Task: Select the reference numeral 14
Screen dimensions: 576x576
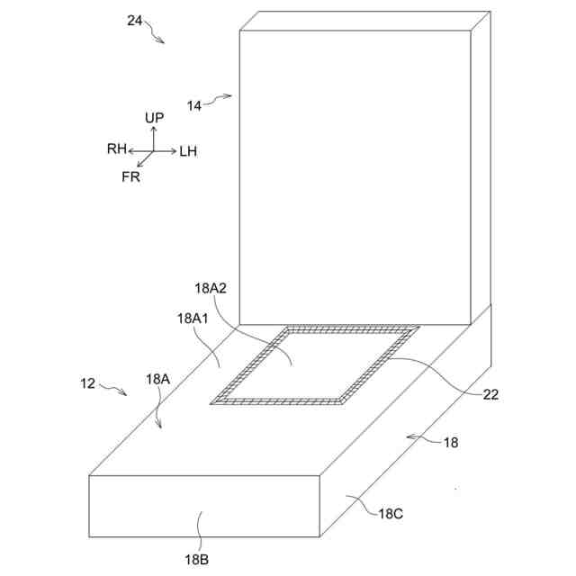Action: click(x=194, y=105)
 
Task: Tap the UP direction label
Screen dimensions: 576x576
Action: click(x=154, y=118)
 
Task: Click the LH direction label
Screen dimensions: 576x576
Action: click(x=187, y=151)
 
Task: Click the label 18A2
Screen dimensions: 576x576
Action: click(x=210, y=289)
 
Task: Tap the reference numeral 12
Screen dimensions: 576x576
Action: click(x=87, y=383)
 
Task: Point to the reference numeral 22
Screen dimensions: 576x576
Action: click(x=491, y=393)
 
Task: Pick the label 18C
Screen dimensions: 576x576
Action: click(x=391, y=514)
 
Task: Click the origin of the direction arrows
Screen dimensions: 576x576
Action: click(x=153, y=151)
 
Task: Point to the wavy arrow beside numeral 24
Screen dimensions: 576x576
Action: click(x=154, y=34)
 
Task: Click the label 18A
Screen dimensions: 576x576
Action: click(x=158, y=380)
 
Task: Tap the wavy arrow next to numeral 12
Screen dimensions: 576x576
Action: click(x=112, y=390)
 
